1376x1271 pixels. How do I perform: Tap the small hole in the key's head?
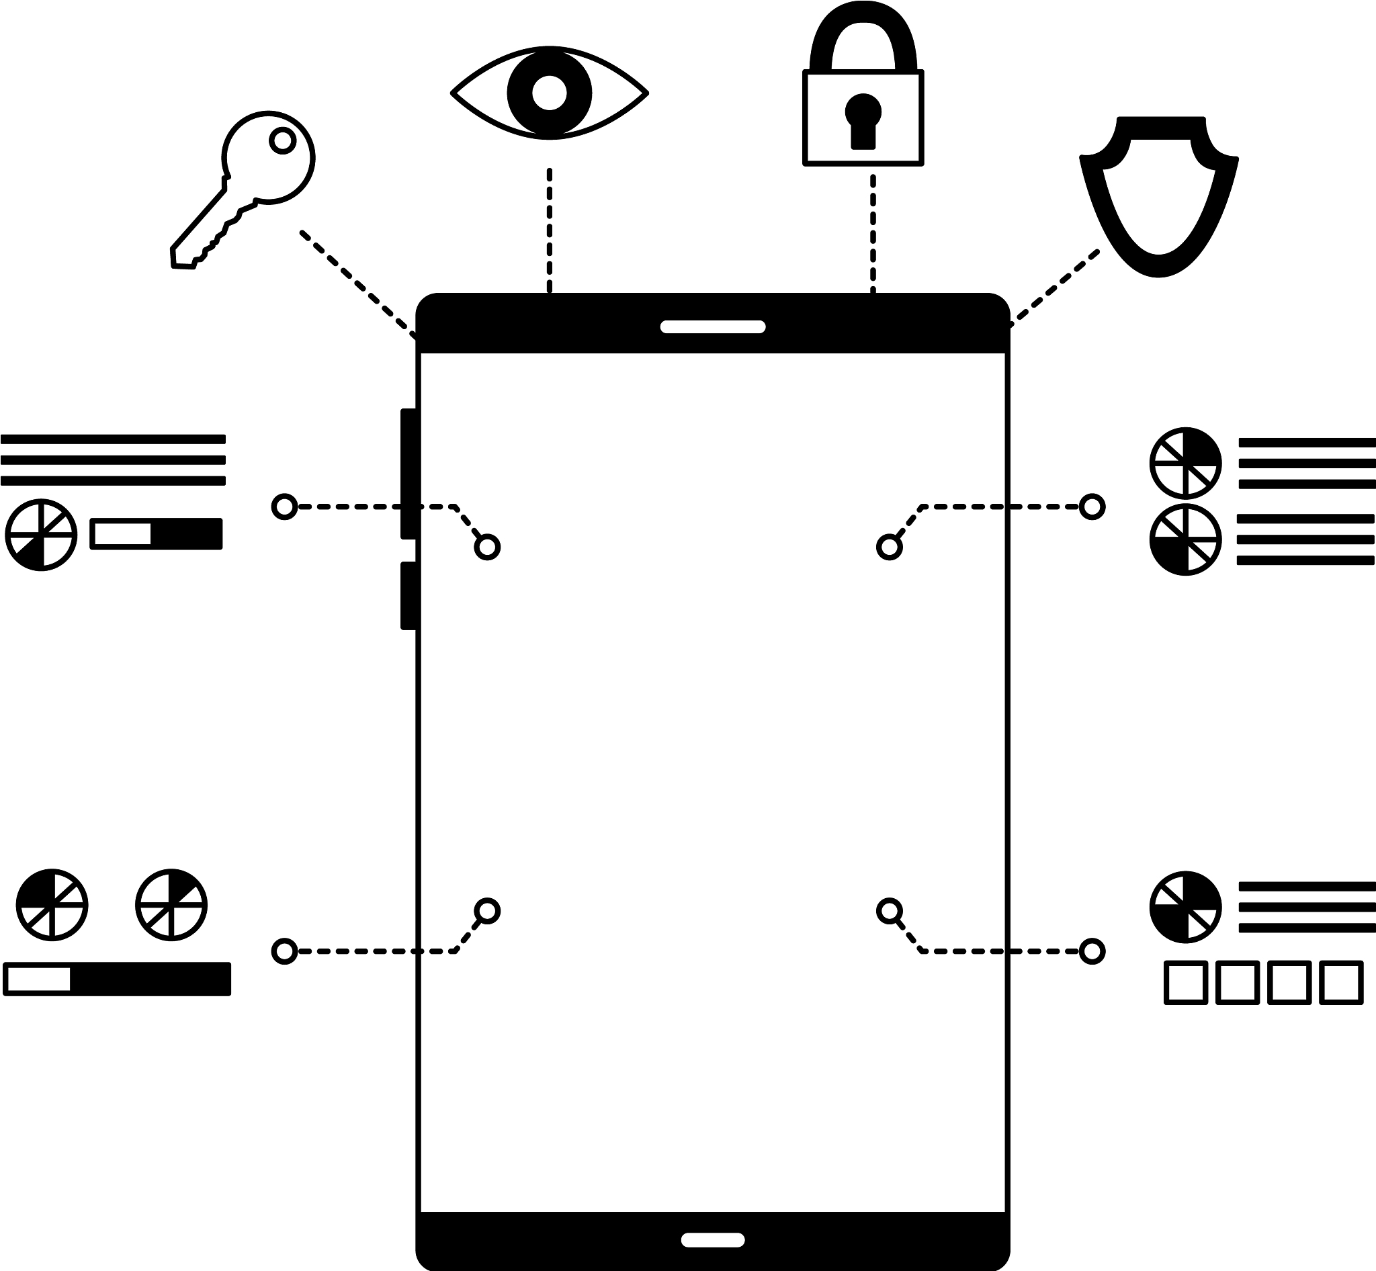(x=282, y=140)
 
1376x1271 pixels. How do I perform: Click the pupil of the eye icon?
(x=549, y=93)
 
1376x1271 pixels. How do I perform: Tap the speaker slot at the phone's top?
(x=713, y=326)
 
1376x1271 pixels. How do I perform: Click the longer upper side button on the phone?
(x=408, y=473)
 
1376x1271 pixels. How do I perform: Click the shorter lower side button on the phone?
(x=408, y=596)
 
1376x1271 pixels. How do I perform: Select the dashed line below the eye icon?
(x=549, y=230)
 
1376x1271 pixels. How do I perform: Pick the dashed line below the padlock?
(x=872, y=234)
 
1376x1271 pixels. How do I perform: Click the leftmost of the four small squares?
(x=1185, y=983)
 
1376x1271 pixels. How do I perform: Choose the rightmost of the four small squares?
(x=1342, y=983)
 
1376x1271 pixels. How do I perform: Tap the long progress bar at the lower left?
(x=117, y=979)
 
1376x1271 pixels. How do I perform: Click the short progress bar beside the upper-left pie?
(x=156, y=533)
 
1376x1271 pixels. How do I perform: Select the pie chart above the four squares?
(x=1185, y=907)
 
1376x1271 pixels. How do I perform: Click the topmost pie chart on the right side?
(x=1185, y=463)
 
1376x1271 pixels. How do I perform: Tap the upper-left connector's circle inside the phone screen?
(x=487, y=547)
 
